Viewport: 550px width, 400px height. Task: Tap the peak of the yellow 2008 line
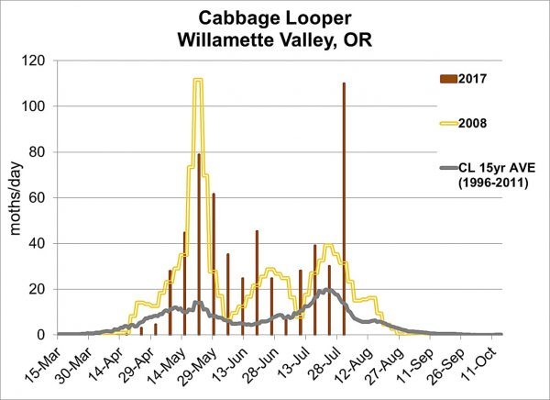click(198, 80)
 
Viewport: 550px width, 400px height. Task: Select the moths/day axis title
click(16, 197)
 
